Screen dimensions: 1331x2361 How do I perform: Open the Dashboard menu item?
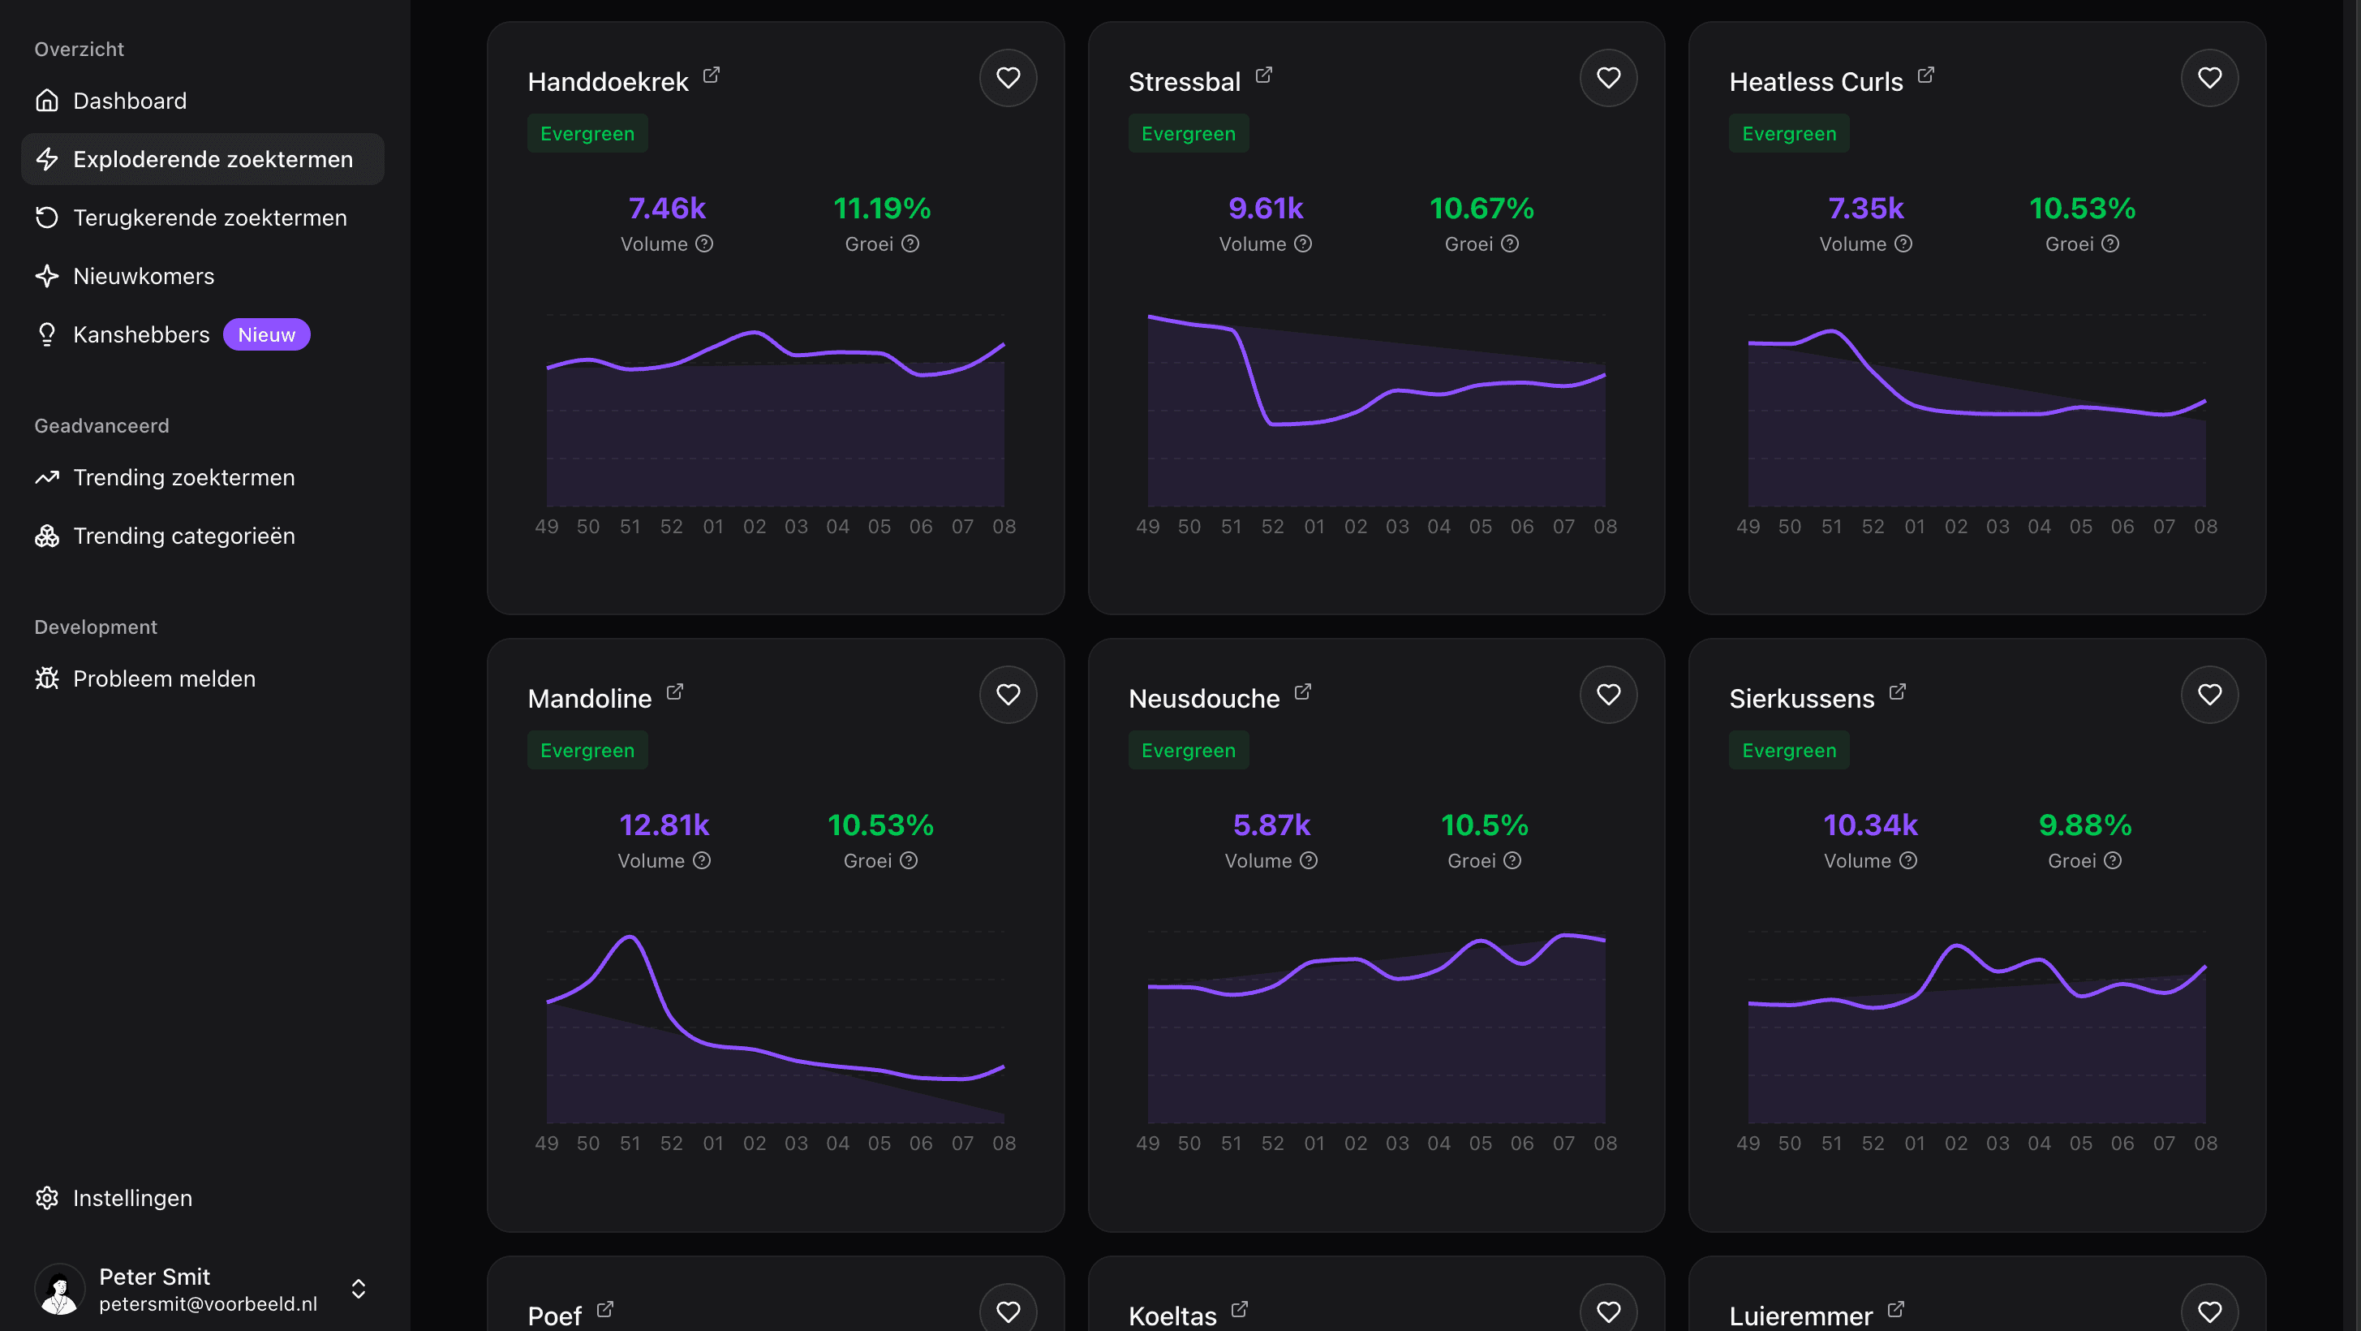[x=129, y=101]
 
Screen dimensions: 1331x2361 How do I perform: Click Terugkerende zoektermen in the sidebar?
[x=209, y=218]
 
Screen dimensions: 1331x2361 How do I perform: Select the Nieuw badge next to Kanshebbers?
[x=267, y=335]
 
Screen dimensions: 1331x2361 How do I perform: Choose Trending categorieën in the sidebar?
[x=183, y=536]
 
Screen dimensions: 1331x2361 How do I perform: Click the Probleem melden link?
[x=163, y=679]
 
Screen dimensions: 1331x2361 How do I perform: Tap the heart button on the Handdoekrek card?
[x=1008, y=78]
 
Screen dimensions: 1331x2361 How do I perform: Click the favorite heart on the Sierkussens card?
[x=2208, y=695]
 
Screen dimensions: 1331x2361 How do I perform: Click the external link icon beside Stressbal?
[x=1264, y=75]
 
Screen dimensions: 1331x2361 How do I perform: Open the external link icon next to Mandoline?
[x=674, y=692]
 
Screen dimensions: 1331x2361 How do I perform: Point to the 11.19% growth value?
[x=882, y=209]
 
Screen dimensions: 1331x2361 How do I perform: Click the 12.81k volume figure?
[x=664, y=826]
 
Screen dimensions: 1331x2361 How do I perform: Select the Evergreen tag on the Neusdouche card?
[x=1188, y=751]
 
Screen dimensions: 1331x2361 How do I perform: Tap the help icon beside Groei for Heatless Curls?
[x=2109, y=243]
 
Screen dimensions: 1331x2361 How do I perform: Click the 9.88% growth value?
[x=2084, y=826]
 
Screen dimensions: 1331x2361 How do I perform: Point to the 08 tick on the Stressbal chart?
[x=1605, y=527]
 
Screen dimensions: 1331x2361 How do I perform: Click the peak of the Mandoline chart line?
[x=630, y=936]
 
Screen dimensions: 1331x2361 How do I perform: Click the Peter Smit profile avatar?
[x=59, y=1289]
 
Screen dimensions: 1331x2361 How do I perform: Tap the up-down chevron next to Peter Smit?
[x=359, y=1289]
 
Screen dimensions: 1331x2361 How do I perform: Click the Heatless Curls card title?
[x=1816, y=83]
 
